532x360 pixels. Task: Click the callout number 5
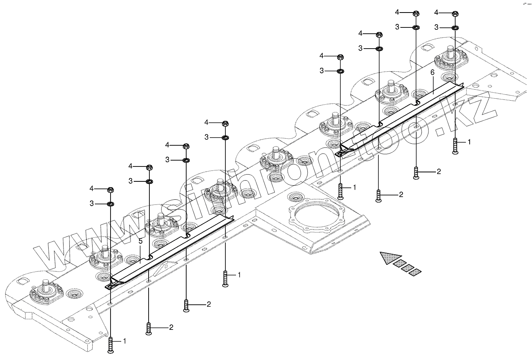point(141,241)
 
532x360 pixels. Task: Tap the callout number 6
point(432,72)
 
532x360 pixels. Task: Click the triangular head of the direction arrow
point(390,257)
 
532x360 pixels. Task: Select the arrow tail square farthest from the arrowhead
point(415,272)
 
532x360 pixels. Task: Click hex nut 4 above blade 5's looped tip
point(111,190)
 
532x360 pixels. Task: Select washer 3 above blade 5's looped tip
point(111,204)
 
